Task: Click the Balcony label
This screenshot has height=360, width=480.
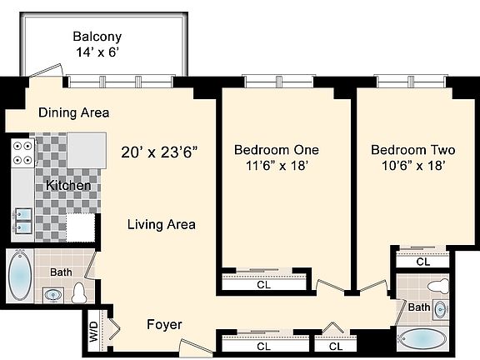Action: (97, 37)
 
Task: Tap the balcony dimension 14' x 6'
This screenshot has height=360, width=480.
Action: (97, 52)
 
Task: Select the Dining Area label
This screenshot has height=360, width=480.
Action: (74, 112)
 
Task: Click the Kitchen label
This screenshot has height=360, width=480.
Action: (68, 185)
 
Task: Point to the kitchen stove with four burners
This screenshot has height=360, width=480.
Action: (22, 153)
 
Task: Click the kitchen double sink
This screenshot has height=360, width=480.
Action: (23, 220)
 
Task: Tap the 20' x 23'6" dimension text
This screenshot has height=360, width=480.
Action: (159, 152)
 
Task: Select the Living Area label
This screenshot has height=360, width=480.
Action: (162, 224)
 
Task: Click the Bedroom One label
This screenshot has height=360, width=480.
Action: (277, 150)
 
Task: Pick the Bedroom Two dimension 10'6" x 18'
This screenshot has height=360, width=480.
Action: (413, 166)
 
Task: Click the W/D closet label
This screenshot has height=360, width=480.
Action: (94, 332)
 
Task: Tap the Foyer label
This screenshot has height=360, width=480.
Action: (164, 324)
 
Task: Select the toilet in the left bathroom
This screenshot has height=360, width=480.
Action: (79, 293)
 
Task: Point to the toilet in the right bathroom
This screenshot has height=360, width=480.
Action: (438, 287)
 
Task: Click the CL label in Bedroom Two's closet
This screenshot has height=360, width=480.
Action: (423, 262)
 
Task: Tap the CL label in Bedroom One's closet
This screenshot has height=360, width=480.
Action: (264, 285)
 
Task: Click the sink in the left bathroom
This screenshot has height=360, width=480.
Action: (53, 295)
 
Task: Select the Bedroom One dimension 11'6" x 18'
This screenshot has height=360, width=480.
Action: (277, 166)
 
